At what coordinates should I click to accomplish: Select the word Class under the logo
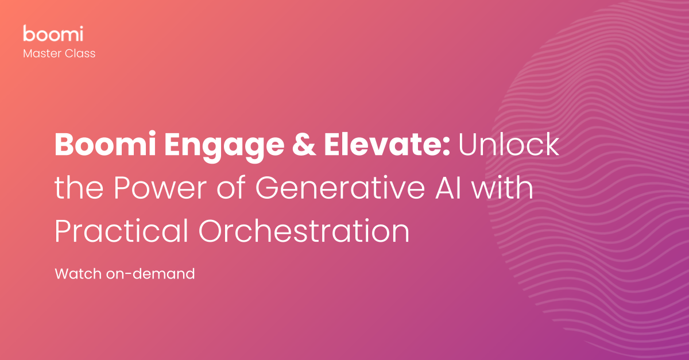81,53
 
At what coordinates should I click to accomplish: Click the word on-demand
150,274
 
